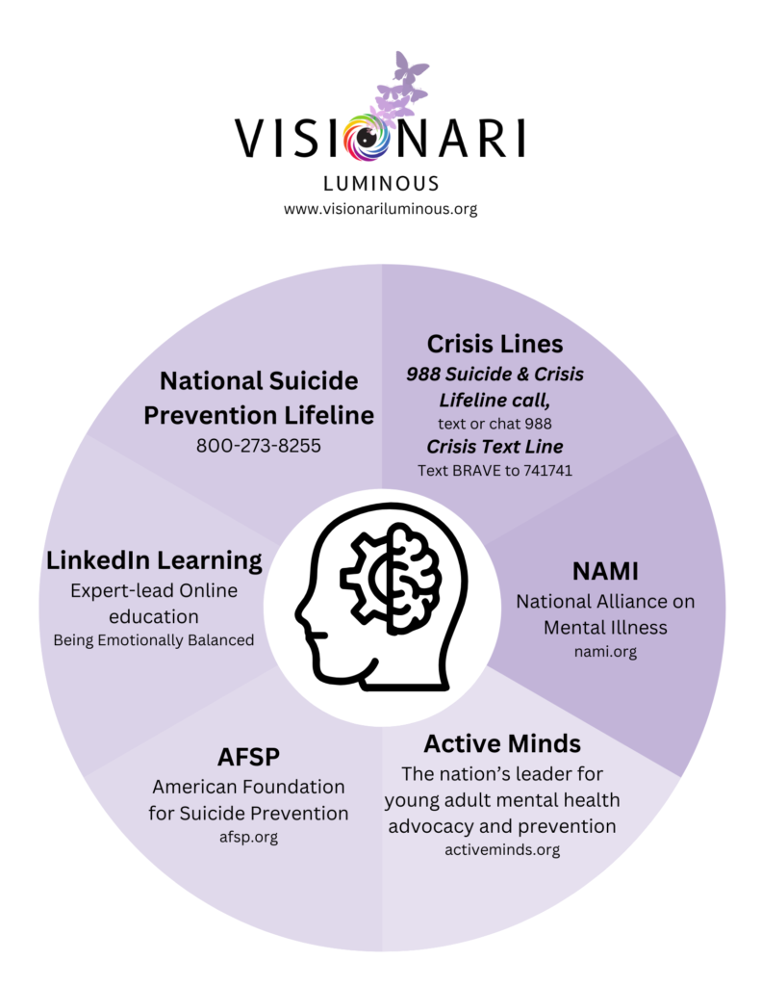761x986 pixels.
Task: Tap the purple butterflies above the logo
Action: click(402, 86)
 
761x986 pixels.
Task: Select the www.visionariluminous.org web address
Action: click(380, 208)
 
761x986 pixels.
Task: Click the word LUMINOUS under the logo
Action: click(381, 183)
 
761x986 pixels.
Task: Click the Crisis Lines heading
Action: click(495, 343)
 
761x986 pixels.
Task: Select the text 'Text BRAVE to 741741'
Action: click(495, 471)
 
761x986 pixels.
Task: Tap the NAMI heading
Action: click(605, 569)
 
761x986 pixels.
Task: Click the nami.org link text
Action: click(605, 652)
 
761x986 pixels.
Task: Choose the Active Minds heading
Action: click(502, 743)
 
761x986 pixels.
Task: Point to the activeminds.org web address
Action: click(502, 849)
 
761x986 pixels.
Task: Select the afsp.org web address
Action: click(248, 837)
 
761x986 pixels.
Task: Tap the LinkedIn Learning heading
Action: click(154, 559)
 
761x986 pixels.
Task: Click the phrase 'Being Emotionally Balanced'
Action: click(154, 639)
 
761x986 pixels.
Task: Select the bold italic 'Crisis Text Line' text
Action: click(495, 448)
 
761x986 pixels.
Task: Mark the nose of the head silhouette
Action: click(300, 612)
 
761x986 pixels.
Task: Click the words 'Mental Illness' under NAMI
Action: click(605, 627)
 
